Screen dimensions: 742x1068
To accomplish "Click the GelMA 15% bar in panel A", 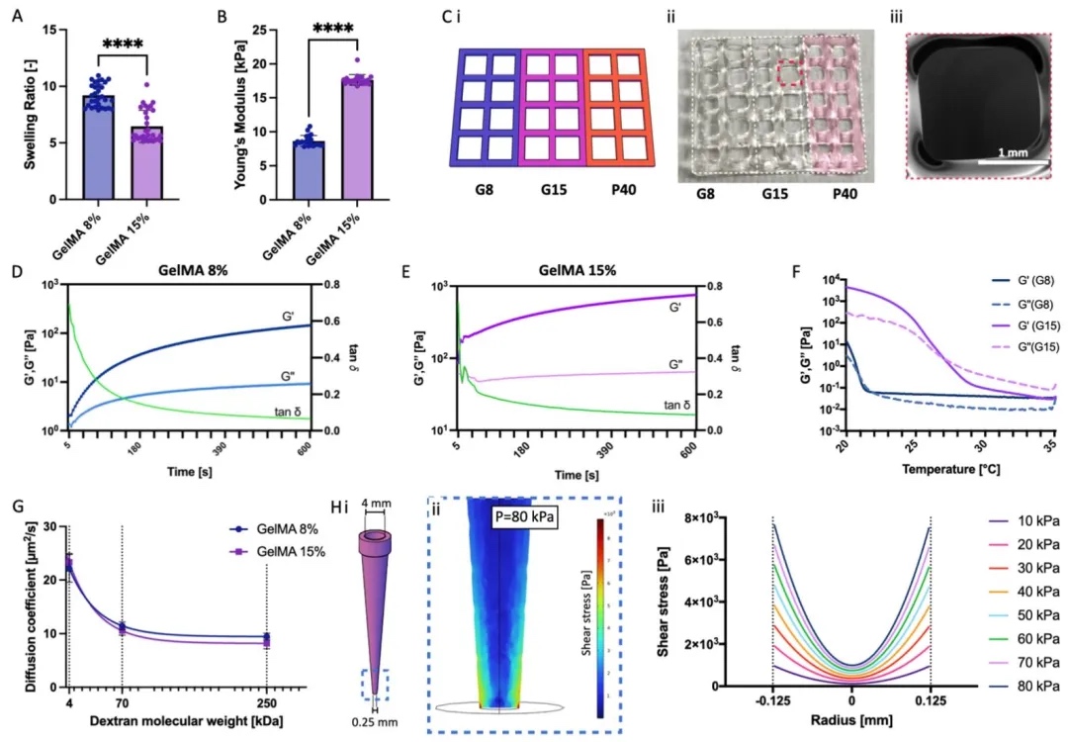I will click(x=145, y=163).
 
